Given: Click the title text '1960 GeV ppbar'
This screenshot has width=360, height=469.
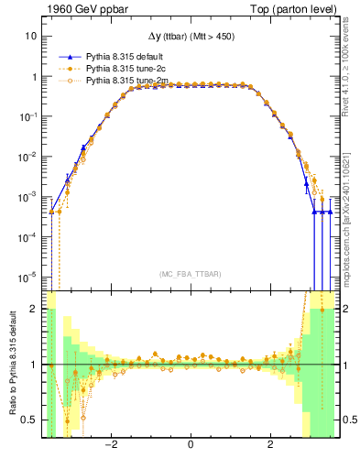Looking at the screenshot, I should tap(80, 8).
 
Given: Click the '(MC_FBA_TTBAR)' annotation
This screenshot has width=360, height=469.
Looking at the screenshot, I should tap(190, 274).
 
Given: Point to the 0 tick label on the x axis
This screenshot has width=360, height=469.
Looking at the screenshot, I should tap(190, 446).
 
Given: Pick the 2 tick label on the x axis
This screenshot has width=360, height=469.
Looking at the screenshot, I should tap(270, 446).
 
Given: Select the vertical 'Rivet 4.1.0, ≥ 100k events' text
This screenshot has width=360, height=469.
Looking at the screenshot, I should tap(351, 73).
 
